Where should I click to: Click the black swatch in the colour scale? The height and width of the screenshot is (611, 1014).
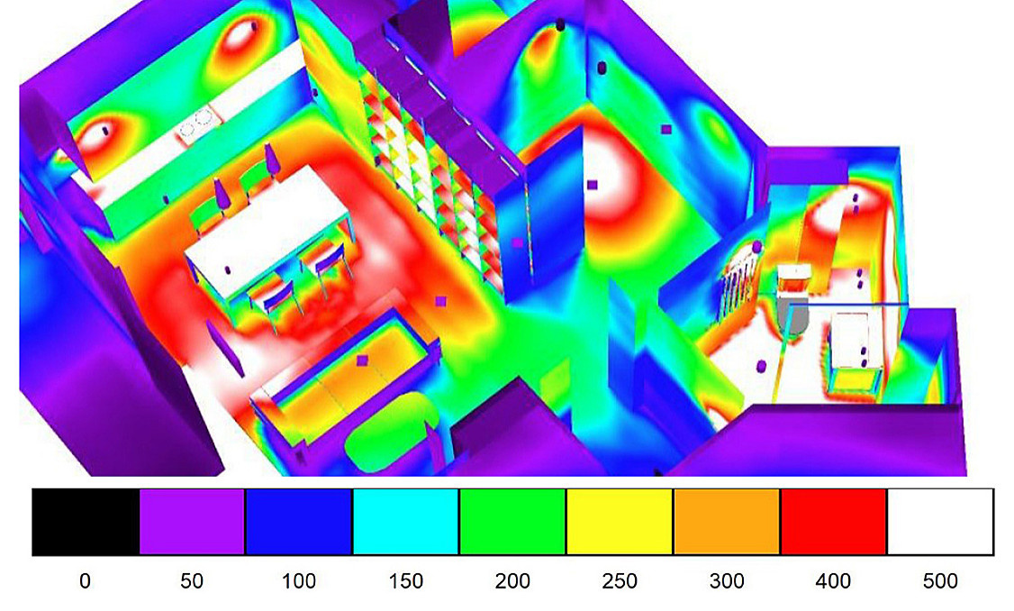(x=86, y=522)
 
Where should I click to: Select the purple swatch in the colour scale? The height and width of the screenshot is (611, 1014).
(x=192, y=522)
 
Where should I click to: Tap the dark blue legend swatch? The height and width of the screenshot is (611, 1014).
(x=299, y=522)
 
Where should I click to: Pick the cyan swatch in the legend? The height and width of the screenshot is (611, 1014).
(x=405, y=522)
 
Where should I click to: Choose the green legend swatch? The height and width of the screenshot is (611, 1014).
(x=512, y=522)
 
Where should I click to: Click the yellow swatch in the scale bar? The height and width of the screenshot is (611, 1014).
(x=620, y=522)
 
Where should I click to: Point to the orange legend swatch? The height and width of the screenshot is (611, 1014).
(x=727, y=522)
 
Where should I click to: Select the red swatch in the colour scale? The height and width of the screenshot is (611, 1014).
(x=834, y=522)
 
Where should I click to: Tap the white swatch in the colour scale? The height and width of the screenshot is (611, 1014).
(x=940, y=522)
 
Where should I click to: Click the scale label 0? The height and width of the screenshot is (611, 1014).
(x=85, y=581)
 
